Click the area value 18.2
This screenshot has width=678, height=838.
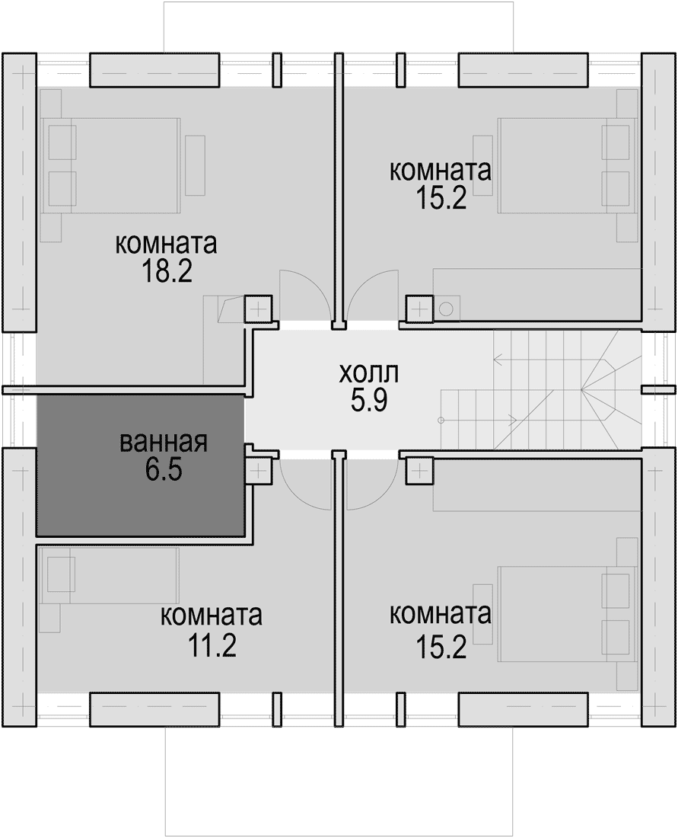point(167,271)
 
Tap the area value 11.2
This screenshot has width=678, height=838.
point(212,647)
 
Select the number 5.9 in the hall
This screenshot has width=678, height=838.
point(369,400)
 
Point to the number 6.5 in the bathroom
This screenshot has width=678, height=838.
point(164,469)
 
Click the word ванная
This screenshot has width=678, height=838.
point(164,443)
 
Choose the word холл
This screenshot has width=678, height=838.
point(369,374)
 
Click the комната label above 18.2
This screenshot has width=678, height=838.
point(167,245)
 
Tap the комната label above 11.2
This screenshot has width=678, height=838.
point(212,616)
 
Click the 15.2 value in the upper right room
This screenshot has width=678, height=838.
point(441,199)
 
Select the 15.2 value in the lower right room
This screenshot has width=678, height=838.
point(441,648)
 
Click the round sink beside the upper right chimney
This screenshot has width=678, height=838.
point(447,309)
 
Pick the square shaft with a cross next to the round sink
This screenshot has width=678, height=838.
point(419,309)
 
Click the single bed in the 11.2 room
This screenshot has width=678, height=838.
point(108,575)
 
